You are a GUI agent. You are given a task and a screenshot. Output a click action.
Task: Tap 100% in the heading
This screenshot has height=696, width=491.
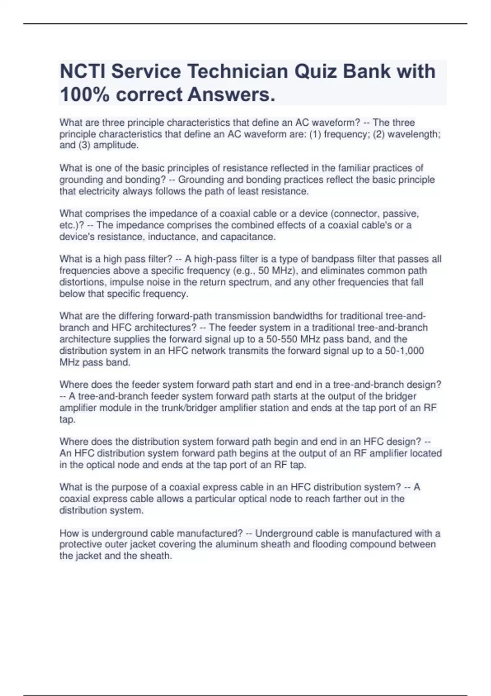tap(85, 95)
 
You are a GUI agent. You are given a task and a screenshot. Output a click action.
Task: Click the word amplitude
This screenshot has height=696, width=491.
tap(116, 145)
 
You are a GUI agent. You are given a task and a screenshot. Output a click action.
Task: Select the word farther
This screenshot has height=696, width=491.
tap(343, 499)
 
